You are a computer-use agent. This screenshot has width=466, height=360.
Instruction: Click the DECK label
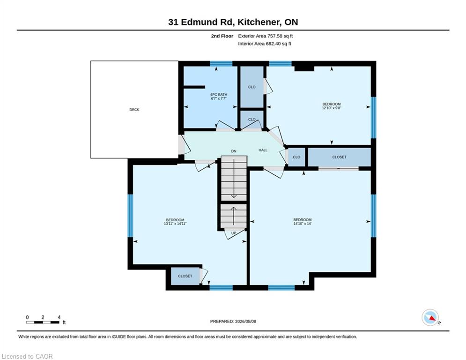tap(134, 110)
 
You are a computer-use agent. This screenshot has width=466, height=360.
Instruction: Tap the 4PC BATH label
tap(219, 95)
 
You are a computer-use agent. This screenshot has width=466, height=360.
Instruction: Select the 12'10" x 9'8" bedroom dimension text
tap(332, 108)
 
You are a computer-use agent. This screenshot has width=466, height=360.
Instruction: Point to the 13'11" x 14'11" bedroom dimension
tap(175, 224)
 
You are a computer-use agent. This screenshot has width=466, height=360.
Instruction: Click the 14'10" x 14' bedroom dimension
tap(302, 224)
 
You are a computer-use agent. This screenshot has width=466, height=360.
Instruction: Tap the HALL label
tap(263, 150)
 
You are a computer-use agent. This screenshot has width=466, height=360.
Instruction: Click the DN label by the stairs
tap(234, 151)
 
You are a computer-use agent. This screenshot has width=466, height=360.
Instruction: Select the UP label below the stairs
tap(234, 233)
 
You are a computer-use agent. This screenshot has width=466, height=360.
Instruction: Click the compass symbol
tap(430, 317)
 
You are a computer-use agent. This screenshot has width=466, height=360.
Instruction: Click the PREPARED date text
tap(233, 321)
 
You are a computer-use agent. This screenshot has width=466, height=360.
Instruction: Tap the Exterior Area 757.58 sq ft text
tap(266, 36)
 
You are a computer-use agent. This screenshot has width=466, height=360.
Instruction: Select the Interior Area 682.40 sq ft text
tap(265, 44)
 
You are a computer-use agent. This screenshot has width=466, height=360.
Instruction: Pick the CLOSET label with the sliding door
tap(340, 157)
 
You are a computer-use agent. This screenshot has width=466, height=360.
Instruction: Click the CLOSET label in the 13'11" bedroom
tap(185, 276)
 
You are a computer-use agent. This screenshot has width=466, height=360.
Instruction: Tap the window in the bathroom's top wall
tap(221, 63)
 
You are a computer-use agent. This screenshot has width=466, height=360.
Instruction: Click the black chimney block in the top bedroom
tap(304, 68)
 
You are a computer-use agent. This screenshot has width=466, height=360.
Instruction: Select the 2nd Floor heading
tap(222, 36)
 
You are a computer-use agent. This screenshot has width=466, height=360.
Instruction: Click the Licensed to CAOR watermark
tap(27, 356)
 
